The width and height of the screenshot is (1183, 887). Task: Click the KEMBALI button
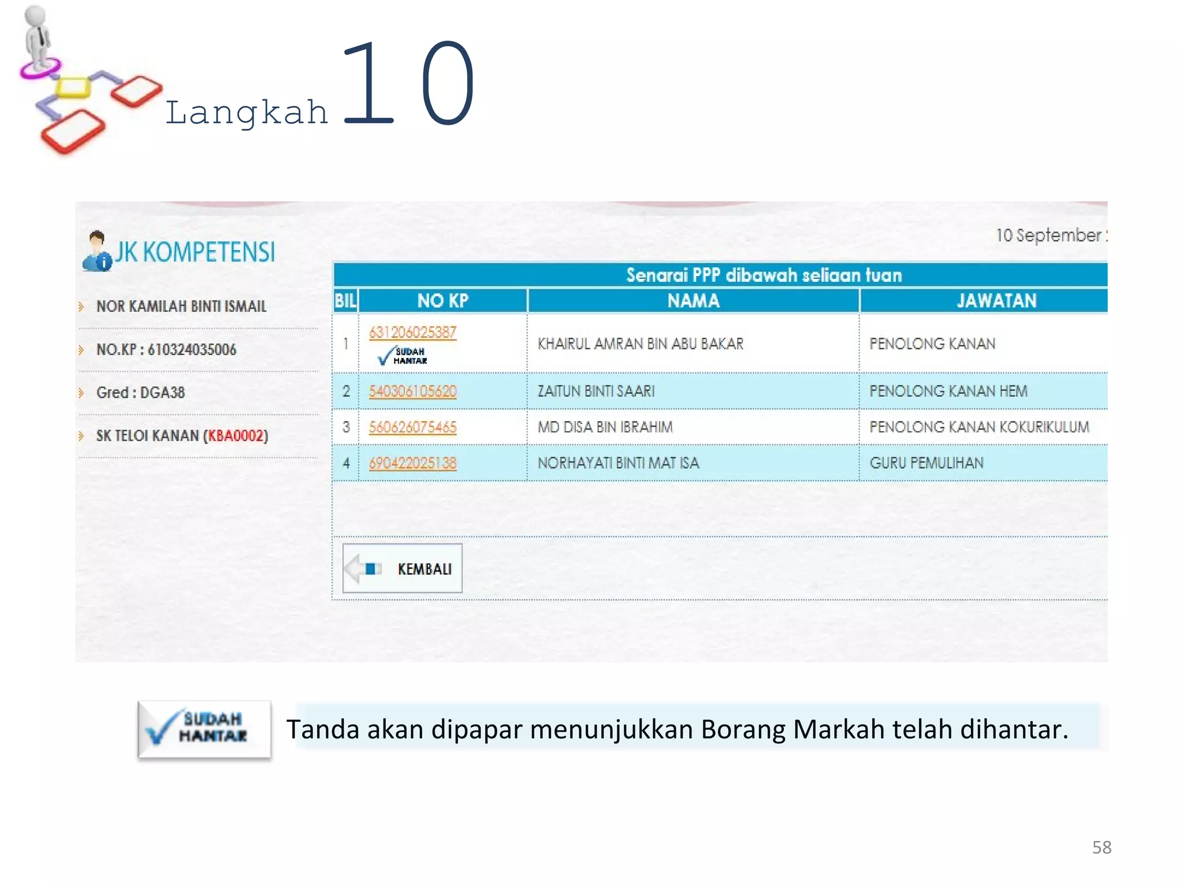click(403, 568)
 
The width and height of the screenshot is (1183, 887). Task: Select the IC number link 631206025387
click(412, 332)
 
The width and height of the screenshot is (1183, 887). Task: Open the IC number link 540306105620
click(412, 392)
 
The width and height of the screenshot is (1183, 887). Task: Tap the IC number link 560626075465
click(412, 427)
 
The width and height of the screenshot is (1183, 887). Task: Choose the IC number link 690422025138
click(412, 463)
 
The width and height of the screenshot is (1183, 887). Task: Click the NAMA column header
click(693, 301)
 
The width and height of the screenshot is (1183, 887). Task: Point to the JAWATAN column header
click(996, 301)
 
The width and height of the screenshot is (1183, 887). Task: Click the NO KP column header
click(442, 301)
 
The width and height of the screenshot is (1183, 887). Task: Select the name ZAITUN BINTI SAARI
click(596, 392)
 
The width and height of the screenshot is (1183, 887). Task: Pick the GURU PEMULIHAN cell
click(927, 463)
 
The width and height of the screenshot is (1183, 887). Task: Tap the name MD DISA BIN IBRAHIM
click(605, 427)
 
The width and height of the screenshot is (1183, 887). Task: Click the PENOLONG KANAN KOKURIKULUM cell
click(979, 427)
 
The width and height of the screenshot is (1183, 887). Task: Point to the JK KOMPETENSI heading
click(195, 252)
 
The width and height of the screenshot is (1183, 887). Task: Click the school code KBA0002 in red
click(236, 436)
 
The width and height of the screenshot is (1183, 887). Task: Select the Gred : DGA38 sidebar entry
click(140, 393)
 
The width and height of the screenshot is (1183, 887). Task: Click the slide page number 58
click(1102, 847)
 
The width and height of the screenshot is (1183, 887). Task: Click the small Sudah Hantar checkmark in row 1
click(403, 356)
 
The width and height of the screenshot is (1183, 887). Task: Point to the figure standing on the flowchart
click(37, 38)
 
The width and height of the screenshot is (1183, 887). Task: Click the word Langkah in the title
click(247, 112)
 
